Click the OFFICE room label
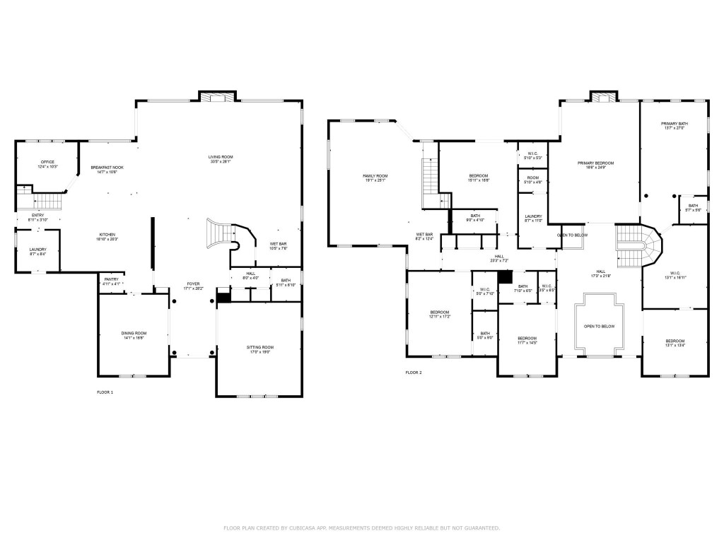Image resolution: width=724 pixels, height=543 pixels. (47, 162)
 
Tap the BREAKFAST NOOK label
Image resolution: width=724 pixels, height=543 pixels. (107, 167)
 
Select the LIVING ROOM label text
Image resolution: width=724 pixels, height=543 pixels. (220, 156)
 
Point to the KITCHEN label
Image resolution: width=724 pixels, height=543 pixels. (107, 235)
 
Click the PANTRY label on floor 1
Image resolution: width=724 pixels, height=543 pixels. (112, 280)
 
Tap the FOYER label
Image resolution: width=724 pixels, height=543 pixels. (193, 284)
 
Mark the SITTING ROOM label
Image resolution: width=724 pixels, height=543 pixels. (259, 347)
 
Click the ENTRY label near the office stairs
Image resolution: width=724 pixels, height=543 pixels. (38, 216)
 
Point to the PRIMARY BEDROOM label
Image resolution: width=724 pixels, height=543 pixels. (595, 163)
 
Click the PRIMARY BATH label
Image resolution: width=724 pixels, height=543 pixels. (675, 124)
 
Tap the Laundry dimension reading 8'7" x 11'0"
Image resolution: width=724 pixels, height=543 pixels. (533, 221)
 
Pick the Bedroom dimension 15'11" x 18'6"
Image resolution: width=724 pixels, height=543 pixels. (479, 180)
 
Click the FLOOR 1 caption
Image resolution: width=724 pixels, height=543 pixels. (105, 392)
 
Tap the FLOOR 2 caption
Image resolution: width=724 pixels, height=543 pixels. (414, 372)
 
